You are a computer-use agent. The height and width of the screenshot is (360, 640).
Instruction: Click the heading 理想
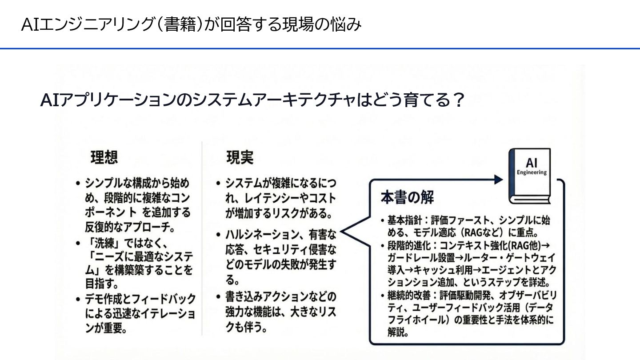click(104, 158)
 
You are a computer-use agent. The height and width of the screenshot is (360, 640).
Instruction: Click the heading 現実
click(240, 158)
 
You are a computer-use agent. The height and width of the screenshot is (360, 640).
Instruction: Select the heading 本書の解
click(407, 198)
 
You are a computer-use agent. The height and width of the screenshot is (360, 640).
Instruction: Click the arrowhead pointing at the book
click(498, 179)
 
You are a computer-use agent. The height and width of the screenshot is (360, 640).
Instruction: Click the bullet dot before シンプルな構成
click(78, 184)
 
